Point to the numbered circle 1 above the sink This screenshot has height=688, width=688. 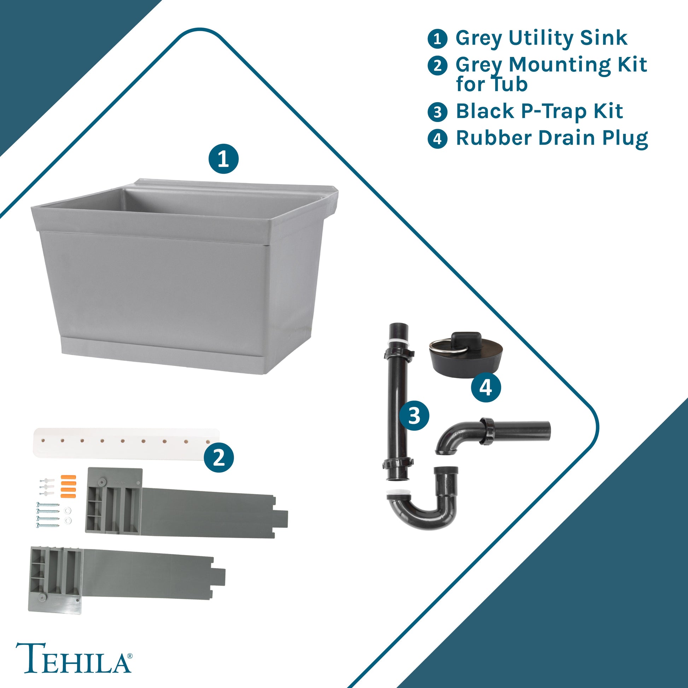coord(223,159)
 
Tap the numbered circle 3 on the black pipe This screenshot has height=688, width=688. coord(414,415)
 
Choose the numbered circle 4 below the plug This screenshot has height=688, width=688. coord(486,387)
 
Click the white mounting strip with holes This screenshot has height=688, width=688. coord(127,443)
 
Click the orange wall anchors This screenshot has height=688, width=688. coord(69,486)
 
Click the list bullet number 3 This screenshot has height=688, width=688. coord(437,112)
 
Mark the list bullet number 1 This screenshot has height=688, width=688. coord(437,39)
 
